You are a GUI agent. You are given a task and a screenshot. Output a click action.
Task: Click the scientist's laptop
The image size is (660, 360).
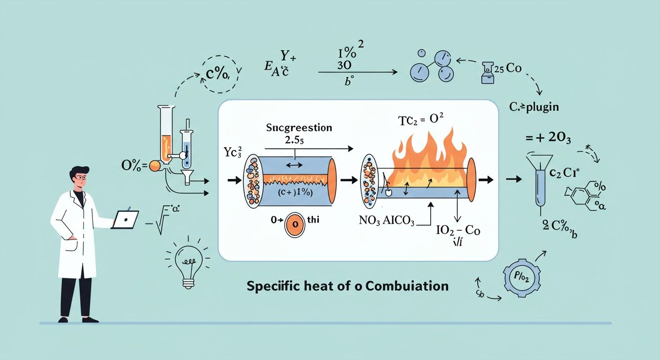[126, 219]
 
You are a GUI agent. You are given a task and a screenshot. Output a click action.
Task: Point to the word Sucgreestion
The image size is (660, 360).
[299, 127]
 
